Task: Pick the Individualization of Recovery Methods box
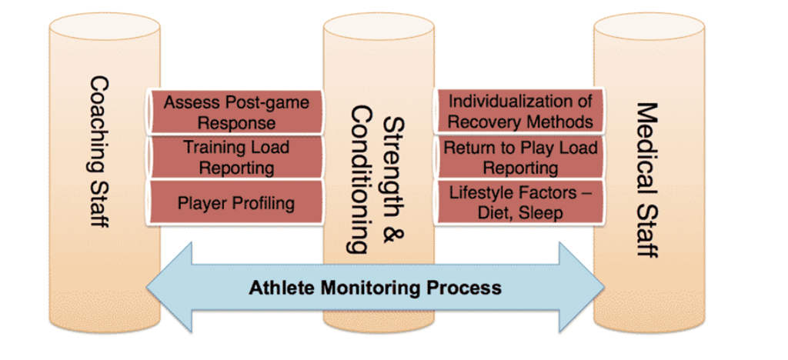click(x=519, y=111)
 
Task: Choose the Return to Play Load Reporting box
click(x=519, y=157)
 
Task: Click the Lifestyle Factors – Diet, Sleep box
click(x=519, y=202)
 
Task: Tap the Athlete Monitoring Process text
click(x=376, y=288)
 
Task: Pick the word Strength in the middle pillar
click(x=395, y=167)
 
